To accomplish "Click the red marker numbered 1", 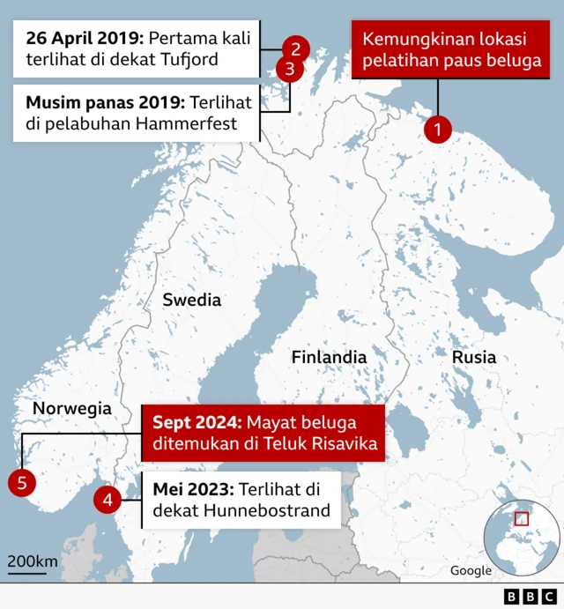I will click(x=437, y=130).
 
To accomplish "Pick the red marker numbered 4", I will click(x=108, y=500).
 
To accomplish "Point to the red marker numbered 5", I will click(x=21, y=482).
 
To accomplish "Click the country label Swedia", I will click(x=191, y=301).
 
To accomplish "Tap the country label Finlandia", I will click(x=329, y=358).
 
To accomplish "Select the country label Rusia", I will click(x=473, y=358).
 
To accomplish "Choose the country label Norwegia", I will click(x=71, y=408).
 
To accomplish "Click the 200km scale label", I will click(x=33, y=561).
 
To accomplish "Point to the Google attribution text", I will click(x=471, y=570).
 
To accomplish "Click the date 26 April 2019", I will click(x=84, y=39).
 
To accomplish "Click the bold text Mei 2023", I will click(x=190, y=488).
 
